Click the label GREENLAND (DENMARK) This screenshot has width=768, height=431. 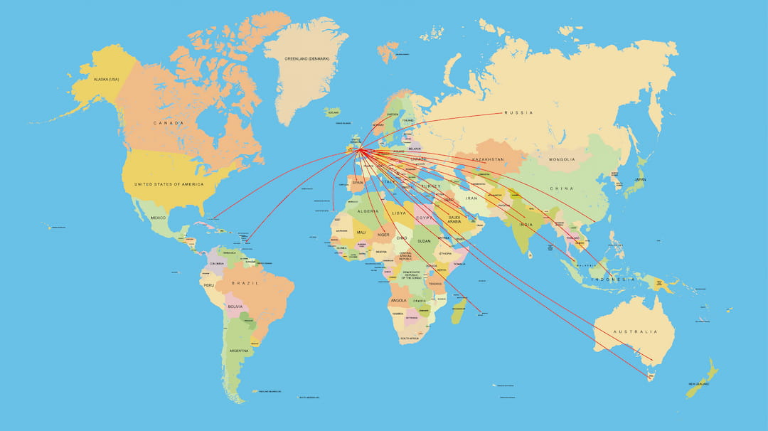[306, 58]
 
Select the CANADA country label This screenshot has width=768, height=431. [169, 123]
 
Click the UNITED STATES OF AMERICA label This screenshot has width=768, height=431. [169, 184]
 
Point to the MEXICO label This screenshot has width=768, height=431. [158, 218]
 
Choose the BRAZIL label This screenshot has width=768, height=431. [245, 283]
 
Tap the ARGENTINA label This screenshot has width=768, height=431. [239, 351]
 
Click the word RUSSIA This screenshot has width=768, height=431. [518, 113]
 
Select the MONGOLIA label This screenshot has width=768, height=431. [562, 159]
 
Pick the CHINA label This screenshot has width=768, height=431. [561, 188]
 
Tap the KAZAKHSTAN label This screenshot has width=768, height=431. [488, 159]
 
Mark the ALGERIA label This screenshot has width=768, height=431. [368, 211]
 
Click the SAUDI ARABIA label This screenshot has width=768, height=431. [454, 220]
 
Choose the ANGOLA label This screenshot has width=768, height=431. [398, 301]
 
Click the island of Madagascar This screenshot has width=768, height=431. [459, 311]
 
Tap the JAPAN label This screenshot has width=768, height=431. [640, 180]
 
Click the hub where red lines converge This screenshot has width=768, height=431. [360, 149]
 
